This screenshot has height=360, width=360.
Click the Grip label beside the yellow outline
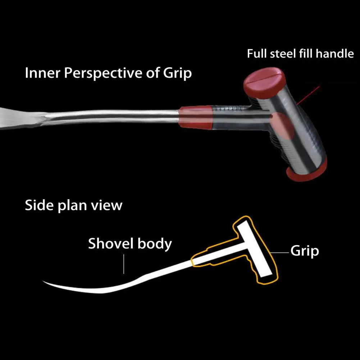tap(304, 251)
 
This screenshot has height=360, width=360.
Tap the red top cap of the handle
tap(264, 79)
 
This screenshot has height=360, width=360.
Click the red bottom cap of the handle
tap(307, 172)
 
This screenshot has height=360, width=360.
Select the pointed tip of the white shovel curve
tap(45, 282)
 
